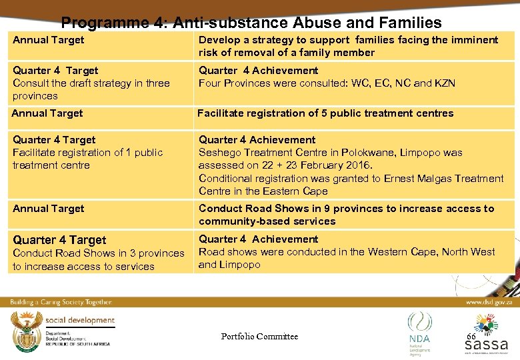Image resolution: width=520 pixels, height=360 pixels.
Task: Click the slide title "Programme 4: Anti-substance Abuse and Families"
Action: tap(251, 23)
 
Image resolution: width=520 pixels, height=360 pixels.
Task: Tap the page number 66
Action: tap(471, 336)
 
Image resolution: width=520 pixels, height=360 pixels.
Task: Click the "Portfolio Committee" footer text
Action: tap(259, 336)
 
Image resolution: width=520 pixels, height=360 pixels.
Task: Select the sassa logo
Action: tap(487, 336)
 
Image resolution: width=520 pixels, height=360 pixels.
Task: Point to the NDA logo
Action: tap(420, 329)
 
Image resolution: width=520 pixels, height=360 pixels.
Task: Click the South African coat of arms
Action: tap(25, 329)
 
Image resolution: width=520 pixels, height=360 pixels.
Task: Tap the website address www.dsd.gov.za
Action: tap(488, 302)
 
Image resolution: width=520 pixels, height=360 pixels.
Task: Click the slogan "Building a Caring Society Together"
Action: tap(61, 302)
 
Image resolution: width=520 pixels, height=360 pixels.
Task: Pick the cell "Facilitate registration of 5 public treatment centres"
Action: tap(325, 113)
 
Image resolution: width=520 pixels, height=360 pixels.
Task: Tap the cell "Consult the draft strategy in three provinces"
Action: tap(91, 89)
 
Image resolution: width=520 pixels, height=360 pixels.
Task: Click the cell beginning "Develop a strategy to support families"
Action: tap(348, 46)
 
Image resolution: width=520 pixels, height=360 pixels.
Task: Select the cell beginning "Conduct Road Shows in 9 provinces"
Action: tap(346, 215)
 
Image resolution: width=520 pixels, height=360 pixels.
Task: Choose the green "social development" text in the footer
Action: tap(79, 320)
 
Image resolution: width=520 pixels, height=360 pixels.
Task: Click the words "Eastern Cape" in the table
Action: tap(297, 191)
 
